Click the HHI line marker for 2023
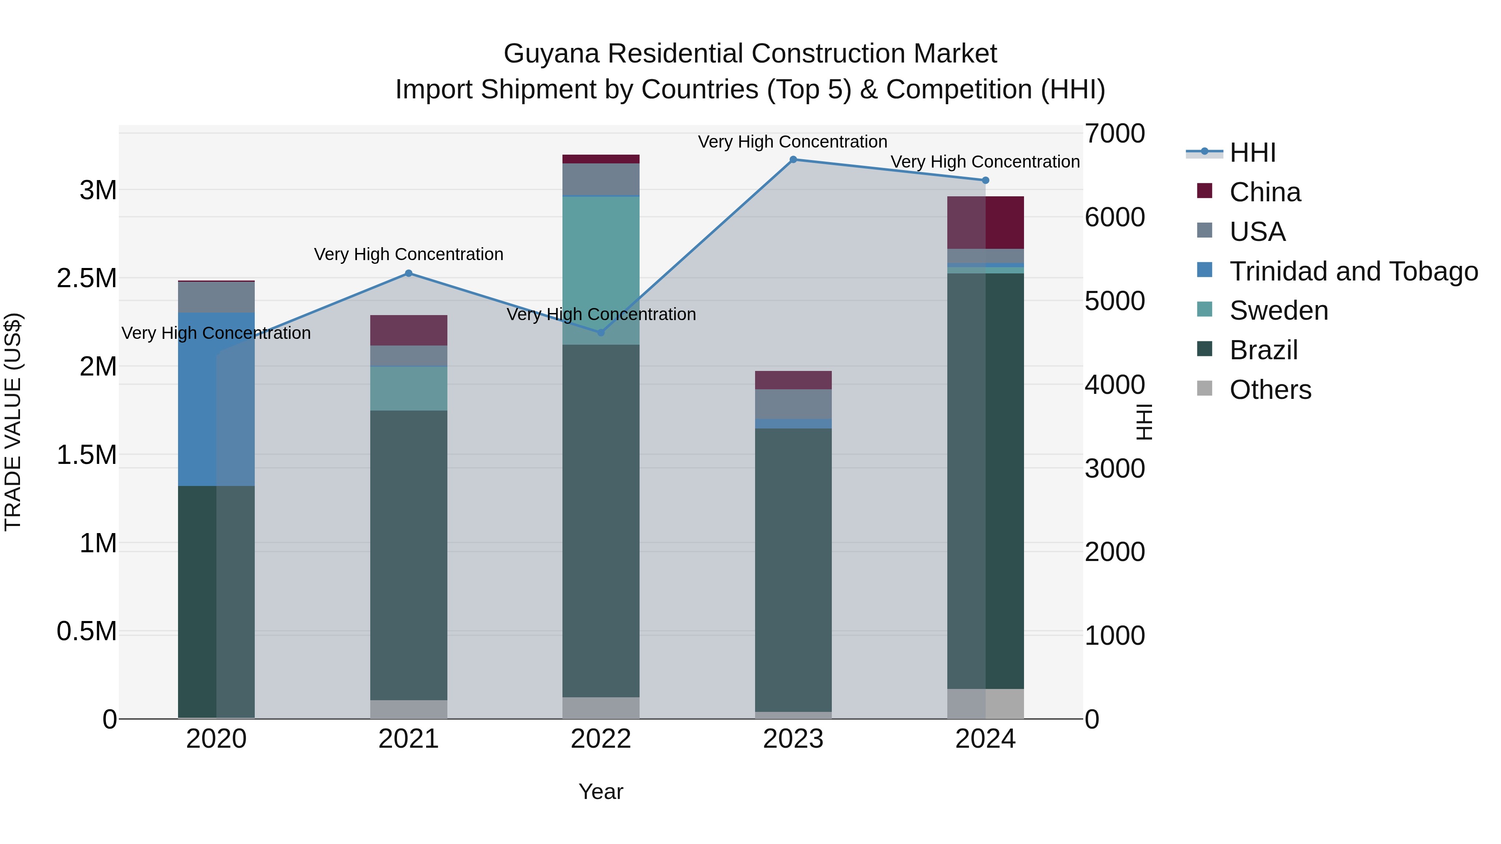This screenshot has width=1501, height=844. point(793,160)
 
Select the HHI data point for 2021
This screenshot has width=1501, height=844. point(409,273)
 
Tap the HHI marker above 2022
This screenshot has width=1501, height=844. point(601,333)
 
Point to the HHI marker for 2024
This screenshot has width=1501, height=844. point(985,180)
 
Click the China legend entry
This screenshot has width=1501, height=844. point(1265,192)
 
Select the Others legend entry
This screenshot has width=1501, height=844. point(1270,390)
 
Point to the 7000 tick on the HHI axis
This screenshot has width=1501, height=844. point(1114,134)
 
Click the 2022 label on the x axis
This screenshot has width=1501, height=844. point(601,739)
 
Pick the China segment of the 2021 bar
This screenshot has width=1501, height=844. point(409,330)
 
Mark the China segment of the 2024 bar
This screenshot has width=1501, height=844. point(985,223)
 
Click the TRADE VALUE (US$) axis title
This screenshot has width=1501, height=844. point(13,422)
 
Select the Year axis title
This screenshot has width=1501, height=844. point(601,791)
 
